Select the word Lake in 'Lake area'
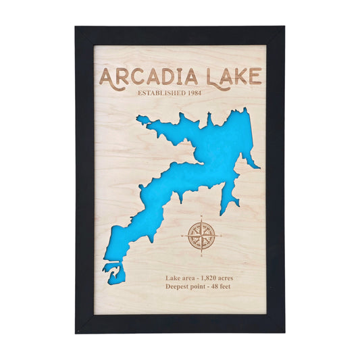pyautogui.click(x=172, y=278)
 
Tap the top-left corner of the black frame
pyautogui.click(x=76, y=28)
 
